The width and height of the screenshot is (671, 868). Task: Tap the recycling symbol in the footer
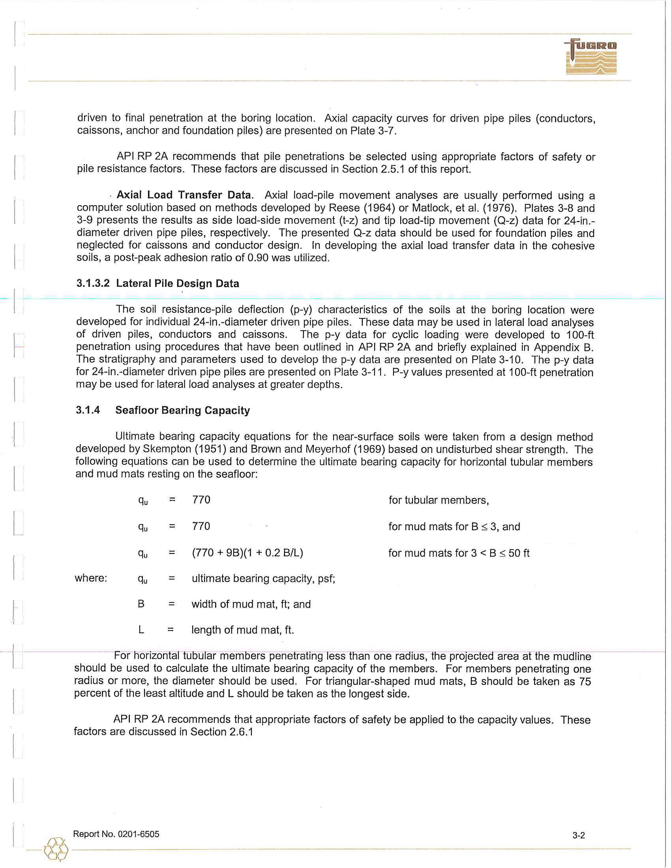click(x=56, y=849)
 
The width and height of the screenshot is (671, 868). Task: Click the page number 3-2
click(x=578, y=835)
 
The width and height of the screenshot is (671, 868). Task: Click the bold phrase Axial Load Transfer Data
click(x=184, y=195)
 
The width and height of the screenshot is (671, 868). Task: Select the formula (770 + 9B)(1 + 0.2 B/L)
click(x=247, y=553)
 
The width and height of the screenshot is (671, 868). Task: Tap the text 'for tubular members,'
click(x=439, y=500)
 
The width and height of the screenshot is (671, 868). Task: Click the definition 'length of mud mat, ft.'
click(x=242, y=630)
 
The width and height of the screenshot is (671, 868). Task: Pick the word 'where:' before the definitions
click(x=91, y=578)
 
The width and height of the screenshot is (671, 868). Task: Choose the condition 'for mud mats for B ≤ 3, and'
click(x=454, y=527)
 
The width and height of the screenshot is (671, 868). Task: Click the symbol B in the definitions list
click(x=141, y=604)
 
